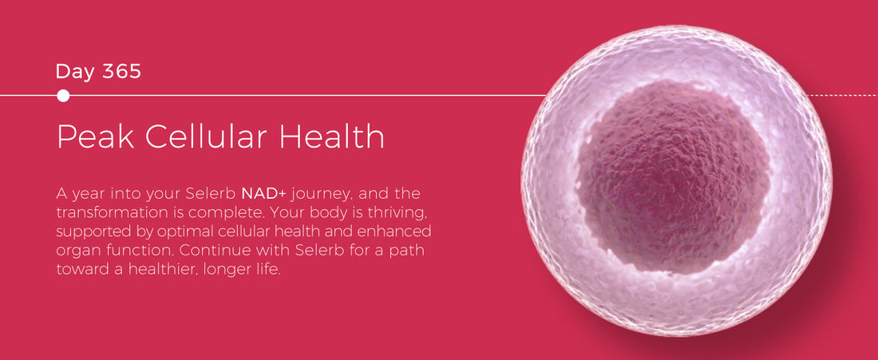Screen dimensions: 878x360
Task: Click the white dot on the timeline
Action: coord(63,96)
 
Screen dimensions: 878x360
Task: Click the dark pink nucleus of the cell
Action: coord(673,176)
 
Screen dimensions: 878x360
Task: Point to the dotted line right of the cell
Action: coord(842,96)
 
